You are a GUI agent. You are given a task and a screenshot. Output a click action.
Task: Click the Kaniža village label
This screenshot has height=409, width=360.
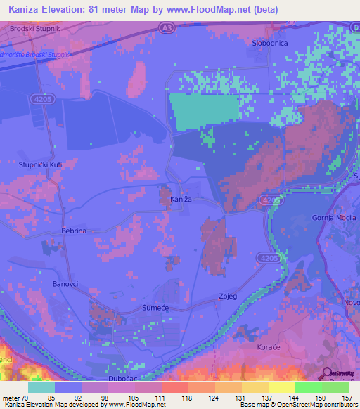coord(181,200)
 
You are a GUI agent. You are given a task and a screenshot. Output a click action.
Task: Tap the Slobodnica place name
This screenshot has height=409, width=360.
coord(269,43)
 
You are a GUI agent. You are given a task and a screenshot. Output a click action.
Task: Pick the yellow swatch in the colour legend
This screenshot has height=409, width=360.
coord(281,387)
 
